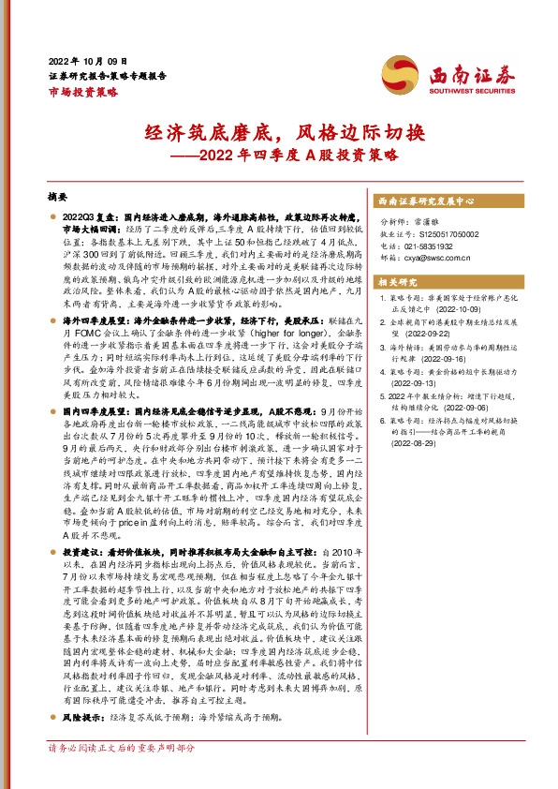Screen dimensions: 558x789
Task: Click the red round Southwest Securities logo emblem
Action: pos(396,70)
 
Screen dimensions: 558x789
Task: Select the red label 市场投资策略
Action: pos(82,92)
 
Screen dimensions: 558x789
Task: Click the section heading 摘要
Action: pos(57,199)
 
